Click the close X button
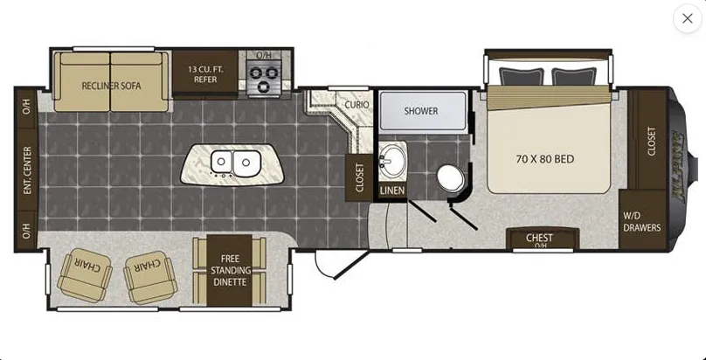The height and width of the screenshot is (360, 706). point(687,18)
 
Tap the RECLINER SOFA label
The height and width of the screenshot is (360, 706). point(111,86)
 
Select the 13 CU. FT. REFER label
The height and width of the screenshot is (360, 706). point(205,74)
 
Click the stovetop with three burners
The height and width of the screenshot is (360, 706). point(264,77)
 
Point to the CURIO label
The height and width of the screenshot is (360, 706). point(357,105)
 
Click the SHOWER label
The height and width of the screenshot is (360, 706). point(421,111)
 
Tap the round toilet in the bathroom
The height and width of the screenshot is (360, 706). point(450,177)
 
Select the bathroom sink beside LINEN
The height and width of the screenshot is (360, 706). point(392,161)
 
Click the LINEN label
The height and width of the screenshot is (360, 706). point(392,190)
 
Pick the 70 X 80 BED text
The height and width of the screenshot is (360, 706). point(545,159)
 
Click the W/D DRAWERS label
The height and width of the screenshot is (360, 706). point(642,221)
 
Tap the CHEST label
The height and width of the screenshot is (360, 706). point(539,237)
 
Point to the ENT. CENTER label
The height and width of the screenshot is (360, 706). point(27,170)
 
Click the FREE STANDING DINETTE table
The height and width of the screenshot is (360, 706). point(229,270)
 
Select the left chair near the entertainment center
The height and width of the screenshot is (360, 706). point(85,274)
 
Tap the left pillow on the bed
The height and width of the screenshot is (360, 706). point(522,77)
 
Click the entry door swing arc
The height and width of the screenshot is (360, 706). point(322,267)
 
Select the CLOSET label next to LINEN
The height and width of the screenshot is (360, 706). point(359,177)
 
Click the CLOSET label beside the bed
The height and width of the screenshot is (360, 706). point(652,142)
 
